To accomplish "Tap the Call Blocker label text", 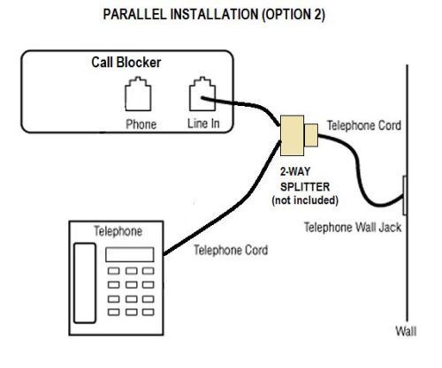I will tap(131, 64).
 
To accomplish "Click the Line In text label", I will tap(203, 124).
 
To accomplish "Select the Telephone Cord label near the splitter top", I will tap(363, 126).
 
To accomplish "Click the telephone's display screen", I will tap(125, 254).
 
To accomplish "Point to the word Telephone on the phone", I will tap(118, 231).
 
